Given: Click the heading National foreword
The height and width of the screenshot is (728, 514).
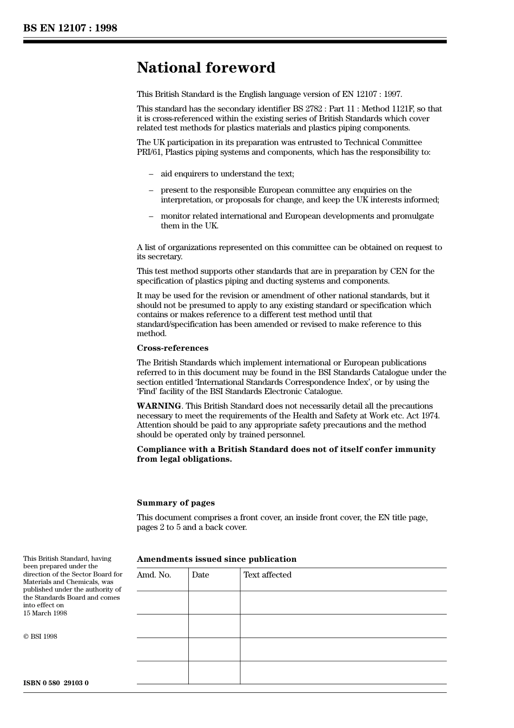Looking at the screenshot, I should coord(206,68).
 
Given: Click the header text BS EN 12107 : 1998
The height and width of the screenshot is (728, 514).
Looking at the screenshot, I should coord(70,28).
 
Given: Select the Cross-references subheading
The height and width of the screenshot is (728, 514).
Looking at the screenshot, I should coord(172,348).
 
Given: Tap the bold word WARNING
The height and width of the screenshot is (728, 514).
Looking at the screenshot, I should coord(159,406).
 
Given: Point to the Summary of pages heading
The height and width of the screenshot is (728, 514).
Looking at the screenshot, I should coord(175,503).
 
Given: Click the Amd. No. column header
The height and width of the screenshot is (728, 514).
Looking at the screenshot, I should coord(154,575).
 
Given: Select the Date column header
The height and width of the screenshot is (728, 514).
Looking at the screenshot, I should coord(200,575).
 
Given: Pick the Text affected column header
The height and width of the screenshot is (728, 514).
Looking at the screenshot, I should coord(267,575).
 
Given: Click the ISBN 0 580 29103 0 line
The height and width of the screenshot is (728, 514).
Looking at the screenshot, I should coord(56,683).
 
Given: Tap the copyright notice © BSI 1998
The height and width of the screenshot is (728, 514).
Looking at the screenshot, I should coord(40,637).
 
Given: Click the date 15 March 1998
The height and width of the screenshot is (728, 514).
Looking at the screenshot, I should coord(45,613).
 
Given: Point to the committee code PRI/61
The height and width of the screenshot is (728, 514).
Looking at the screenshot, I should coord(149,152).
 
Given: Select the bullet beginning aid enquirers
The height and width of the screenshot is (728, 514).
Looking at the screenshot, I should coord(227,174).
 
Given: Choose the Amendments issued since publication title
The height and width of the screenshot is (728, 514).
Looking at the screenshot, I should coord(216,559).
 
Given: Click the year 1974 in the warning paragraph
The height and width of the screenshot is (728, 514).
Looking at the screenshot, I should coord(430,416).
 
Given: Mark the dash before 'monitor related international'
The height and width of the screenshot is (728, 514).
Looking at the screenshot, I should coord(151,216).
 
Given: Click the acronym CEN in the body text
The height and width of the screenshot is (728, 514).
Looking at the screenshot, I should coord(398,271).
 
